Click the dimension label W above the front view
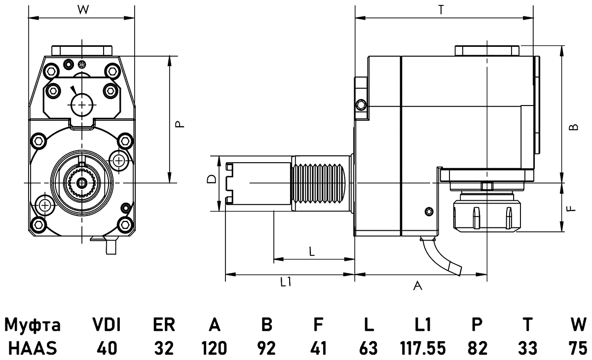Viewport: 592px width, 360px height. (x=82, y=9)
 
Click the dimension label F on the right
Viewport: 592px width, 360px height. (x=571, y=209)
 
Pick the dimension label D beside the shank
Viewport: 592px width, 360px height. (x=211, y=179)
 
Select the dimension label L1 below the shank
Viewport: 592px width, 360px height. (x=286, y=282)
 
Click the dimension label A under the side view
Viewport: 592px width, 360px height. (x=417, y=286)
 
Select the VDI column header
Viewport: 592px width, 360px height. (x=107, y=325)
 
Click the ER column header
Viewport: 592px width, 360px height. (x=163, y=325)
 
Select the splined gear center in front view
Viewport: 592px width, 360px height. (x=82, y=183)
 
